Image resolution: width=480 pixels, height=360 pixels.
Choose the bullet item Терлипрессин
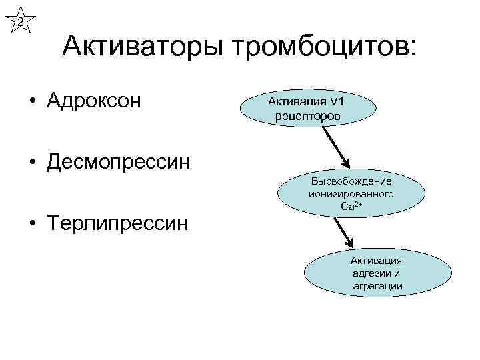tap(117, 221)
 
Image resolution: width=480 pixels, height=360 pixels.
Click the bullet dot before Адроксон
tap(32, 102)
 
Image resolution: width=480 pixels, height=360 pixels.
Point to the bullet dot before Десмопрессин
tap(32, 162)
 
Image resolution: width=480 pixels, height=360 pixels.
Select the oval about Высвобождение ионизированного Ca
tap(351, 194)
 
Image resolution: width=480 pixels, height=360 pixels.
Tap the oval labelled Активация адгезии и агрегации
tap(377, 273)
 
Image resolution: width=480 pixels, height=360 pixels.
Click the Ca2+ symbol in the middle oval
tap(351, 207)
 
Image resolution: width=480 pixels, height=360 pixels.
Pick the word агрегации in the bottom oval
tap(377, 286)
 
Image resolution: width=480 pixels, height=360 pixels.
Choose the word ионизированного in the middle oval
tap(351, 194)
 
